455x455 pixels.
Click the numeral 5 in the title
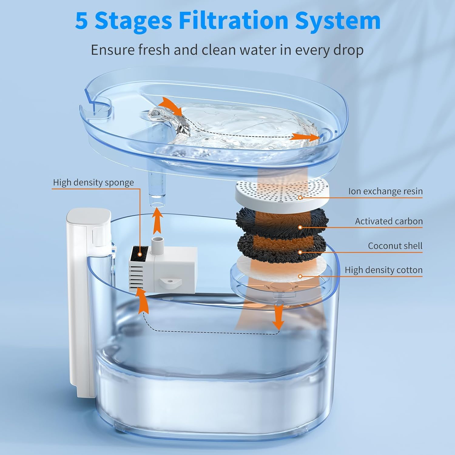coord(82,21)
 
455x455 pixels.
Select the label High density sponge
coord(93,182)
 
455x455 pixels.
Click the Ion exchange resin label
coord(385,191)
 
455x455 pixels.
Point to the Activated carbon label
coord(389,221)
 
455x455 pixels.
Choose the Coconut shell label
coord(395,246)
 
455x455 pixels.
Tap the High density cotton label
coord(383,270)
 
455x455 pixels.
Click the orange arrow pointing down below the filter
coord(278,317)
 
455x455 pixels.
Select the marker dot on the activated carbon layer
coord(300,227)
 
